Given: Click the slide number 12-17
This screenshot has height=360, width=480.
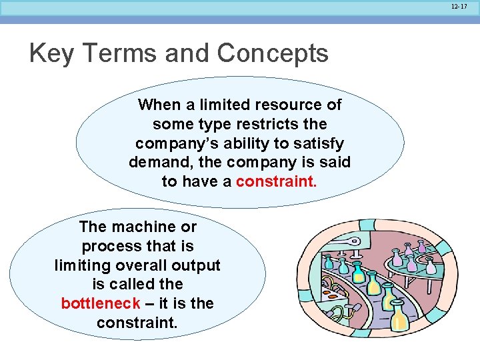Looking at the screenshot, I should click(459, 6).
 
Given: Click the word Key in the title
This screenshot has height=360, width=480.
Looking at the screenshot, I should click(53, 53).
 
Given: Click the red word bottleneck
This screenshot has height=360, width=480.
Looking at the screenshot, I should click(100, 304).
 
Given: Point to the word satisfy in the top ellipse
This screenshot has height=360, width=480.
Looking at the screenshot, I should click(318, 143).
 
